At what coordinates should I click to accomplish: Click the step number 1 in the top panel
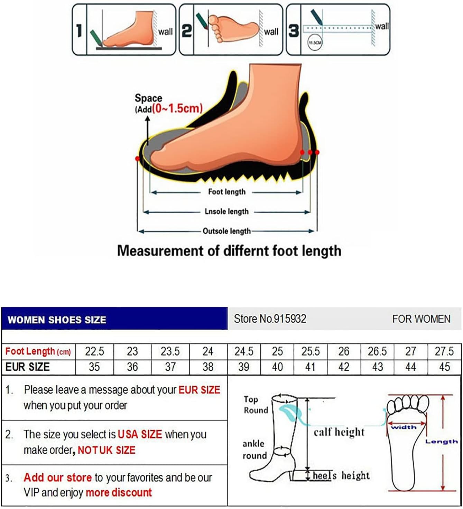79,30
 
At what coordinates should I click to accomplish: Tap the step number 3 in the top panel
294,30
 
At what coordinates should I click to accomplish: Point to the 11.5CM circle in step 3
315,43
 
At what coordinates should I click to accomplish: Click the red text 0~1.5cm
177,108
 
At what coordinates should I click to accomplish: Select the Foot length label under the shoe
226,192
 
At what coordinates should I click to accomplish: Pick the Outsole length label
226,231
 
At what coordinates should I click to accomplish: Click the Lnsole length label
226,212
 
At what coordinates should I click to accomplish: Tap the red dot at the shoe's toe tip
138,159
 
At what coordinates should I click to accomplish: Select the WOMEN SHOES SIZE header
57,320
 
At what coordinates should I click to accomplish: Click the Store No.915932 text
270,319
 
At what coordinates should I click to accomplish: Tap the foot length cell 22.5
94,351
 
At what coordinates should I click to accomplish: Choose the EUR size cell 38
208,367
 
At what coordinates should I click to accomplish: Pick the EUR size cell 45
444,367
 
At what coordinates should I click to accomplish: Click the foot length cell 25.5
311,351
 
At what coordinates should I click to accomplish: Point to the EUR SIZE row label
28,367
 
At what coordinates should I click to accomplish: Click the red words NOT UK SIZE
107,450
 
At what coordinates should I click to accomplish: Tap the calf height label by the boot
339,432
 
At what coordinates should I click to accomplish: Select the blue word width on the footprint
403,427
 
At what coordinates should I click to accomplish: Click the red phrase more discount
119,492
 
